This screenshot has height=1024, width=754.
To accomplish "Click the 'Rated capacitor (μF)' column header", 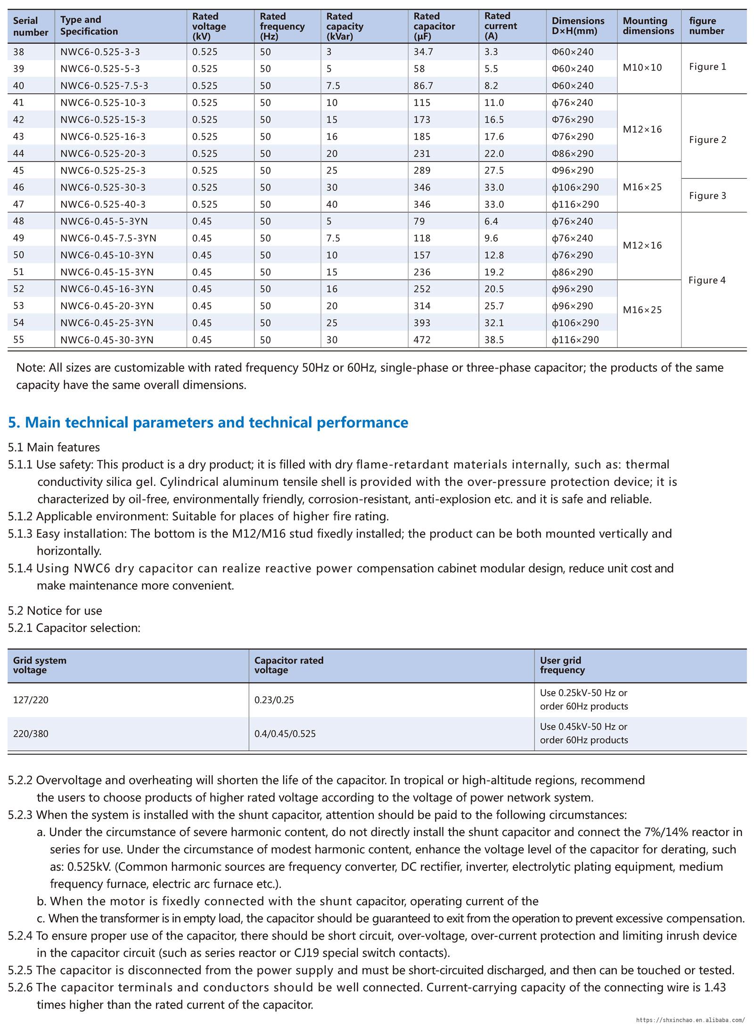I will [x=434, y=26].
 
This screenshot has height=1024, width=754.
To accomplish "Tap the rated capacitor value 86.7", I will [x=423, y=86].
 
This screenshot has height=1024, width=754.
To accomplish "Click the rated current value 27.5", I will [x=494, y=171].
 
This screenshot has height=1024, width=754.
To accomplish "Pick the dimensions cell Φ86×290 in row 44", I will [x=573, y=154].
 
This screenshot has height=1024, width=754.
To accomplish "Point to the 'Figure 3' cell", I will [x=707, y=196].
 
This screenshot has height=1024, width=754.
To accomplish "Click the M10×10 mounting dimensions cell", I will [x=642, y=67].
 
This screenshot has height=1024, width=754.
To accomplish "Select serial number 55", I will [x=19, y=340].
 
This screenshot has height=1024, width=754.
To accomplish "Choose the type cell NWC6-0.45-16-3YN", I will [x=107, y=289].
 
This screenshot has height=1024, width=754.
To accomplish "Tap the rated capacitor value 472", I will [x=422, y=340].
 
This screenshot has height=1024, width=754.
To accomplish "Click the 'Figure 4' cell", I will [x=707, y=280].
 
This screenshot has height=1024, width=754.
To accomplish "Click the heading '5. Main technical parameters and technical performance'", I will [x=208, y=422].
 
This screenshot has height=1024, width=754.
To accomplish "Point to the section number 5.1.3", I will [x=20, y=533].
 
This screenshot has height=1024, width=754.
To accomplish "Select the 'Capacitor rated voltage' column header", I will [x=289, y=665].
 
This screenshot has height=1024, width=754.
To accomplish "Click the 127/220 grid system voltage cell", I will [x=31, y=700].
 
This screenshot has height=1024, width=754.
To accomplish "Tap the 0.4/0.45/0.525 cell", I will [x=285, y=734].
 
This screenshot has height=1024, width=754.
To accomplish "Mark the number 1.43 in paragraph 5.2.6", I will [x=715, y=987].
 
